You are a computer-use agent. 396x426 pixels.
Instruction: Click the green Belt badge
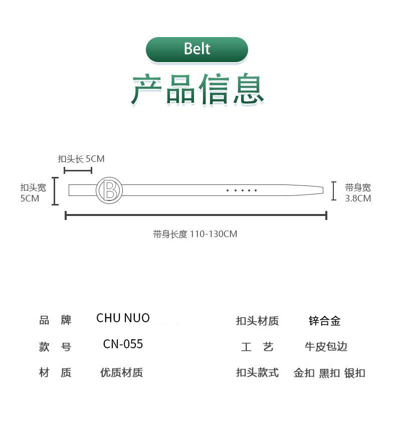pos(197,49)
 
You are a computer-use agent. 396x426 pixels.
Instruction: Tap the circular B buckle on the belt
pos(109,190)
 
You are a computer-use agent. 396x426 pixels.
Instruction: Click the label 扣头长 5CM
pos(81,159)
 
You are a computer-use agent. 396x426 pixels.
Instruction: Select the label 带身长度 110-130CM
pos(195,234)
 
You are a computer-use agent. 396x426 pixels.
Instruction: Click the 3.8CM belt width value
pos(358,198)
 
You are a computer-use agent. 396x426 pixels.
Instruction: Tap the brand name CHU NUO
pos(123,318)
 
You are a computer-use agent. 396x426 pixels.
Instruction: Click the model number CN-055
pos(123,344)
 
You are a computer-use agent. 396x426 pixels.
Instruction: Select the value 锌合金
pos(324,321)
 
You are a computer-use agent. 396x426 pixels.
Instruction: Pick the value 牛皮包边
pos(326,347)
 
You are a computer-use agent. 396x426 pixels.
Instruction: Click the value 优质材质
pos(121,373)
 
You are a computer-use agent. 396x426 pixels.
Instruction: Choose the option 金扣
pos(304,373)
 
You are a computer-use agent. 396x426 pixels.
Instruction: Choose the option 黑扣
pos(329,373)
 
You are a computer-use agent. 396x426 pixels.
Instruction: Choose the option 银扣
pos(355,373)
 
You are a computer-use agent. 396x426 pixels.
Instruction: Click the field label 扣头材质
pos(257,321)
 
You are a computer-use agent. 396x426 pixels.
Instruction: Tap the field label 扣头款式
pos(257,373)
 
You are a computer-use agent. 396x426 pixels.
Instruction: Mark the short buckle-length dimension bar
pos(78,171)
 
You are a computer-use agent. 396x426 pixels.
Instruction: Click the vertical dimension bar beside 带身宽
pos(333,191)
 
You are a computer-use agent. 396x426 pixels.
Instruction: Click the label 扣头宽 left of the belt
pos(33,188)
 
